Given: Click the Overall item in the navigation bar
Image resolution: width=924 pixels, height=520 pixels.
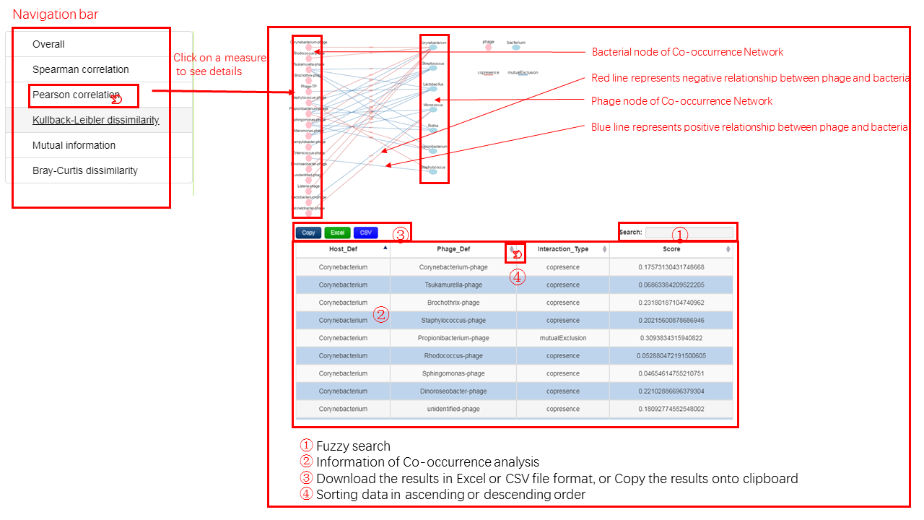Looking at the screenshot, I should pos(48,44).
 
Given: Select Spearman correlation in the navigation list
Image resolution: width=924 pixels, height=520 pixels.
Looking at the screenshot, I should pos(81,69).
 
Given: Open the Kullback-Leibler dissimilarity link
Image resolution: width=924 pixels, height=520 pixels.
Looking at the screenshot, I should pos(95,120).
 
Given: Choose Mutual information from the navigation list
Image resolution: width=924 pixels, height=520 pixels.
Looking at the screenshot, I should pos(74,145).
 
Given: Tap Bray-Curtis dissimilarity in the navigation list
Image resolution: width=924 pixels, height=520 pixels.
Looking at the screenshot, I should pos(85,170).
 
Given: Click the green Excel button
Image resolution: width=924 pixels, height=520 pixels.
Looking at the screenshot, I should pos(337,233).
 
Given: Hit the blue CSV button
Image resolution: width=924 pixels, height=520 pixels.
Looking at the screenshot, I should pos(366,233).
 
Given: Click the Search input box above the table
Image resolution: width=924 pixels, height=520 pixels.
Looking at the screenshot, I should pos(689,233).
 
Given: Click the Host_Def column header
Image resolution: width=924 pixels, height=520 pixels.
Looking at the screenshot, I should pos(342,249).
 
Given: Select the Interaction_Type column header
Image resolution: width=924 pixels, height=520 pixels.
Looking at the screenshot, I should pos(563,249).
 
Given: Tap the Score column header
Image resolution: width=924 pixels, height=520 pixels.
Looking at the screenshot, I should pos(671,249).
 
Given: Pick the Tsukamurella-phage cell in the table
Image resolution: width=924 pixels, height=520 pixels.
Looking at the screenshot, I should pos(453,285).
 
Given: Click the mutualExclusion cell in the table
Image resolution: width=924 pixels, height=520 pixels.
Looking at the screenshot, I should pos(563,338).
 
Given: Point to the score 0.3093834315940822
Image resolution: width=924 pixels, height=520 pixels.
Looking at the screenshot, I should pos(671,338).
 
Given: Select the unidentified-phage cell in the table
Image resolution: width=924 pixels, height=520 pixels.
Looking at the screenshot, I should pos(453,409).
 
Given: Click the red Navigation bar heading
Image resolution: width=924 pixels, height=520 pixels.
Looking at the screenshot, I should pos(56,14).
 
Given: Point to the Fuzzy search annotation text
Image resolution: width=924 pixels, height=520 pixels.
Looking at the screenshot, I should pos(353,446).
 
